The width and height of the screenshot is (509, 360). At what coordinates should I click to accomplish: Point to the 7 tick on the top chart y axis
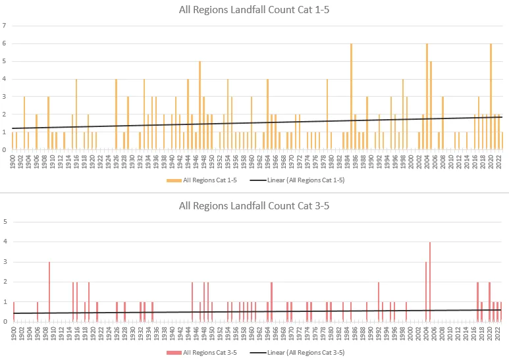tap(5, 26)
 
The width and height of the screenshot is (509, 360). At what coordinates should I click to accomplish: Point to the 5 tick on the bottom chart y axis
tap(5, 222)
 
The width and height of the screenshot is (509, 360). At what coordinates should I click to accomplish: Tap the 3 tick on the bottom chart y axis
tap(5, 262)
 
